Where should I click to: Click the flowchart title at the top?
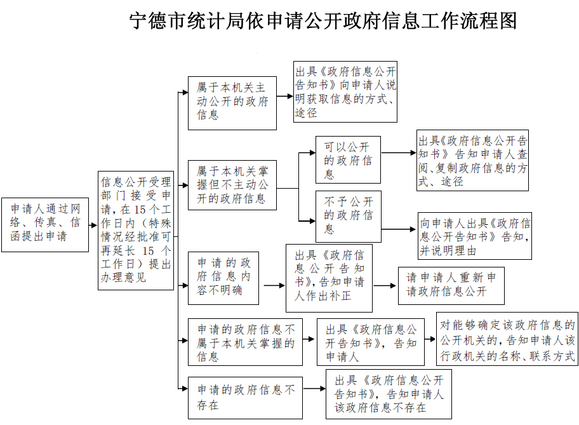[x=323, y=21]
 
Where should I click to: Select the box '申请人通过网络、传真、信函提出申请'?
[x=45, y=225]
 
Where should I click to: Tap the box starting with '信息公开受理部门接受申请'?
[x=135, y=230]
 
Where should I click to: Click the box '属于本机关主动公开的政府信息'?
[x=232, y=103]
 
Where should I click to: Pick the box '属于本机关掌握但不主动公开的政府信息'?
[x=232, y=185]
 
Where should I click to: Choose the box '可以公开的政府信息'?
[x=348, y=159]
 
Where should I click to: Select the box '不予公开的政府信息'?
[x=348, y=217]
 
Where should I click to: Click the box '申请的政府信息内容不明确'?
[x=223, y=278]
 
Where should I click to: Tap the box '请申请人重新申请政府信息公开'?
[x=451, y=286]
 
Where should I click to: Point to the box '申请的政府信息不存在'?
[x=245, y=398]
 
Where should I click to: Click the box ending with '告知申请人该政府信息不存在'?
[x=389, y=394]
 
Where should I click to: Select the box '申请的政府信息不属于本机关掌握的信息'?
[x=245, y=342]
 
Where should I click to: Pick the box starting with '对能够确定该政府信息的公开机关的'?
[x=507, y=339]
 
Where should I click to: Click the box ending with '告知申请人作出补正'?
[x=329, y=278]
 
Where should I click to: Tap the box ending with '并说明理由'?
[x=474, y=236]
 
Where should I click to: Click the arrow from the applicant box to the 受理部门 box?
[x=93, y=225]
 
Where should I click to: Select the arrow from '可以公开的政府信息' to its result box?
[x=399, y=152]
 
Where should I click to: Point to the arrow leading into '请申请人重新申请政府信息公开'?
[x=385, y=286]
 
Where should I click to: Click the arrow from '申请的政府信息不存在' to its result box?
[x=314, y=388]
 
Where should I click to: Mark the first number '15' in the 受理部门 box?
[x=140, y=210]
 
